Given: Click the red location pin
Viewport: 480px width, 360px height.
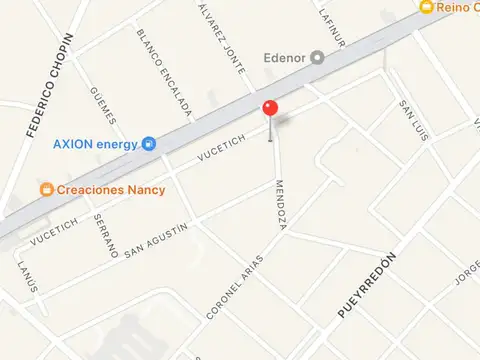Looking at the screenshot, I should [x=270, y=109].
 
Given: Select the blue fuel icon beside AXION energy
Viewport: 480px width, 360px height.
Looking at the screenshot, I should [x=149, y=143].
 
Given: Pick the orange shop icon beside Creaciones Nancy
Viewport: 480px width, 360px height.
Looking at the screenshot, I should [x=45, y=188].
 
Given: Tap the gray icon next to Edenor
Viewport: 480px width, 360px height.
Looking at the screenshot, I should [x=318, y=57].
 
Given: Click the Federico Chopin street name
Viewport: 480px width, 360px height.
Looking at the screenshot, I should [x=41, y=85].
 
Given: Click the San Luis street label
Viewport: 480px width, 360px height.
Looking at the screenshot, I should [x=412, y=119].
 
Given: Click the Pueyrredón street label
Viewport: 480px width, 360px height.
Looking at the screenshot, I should [x=367, y=285].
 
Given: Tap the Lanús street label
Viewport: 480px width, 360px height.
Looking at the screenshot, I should [x=28, y=275].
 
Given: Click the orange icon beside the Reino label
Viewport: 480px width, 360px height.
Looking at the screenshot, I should [x=427, y=6].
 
